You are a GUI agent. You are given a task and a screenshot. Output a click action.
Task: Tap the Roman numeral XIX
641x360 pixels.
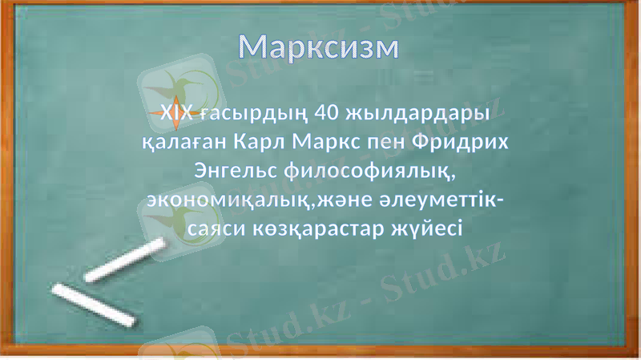click(177, 114)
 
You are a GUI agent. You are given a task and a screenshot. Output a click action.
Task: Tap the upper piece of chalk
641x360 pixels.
click(126, 261)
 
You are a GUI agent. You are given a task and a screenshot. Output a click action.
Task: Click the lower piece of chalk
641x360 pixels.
click(93, 305)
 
